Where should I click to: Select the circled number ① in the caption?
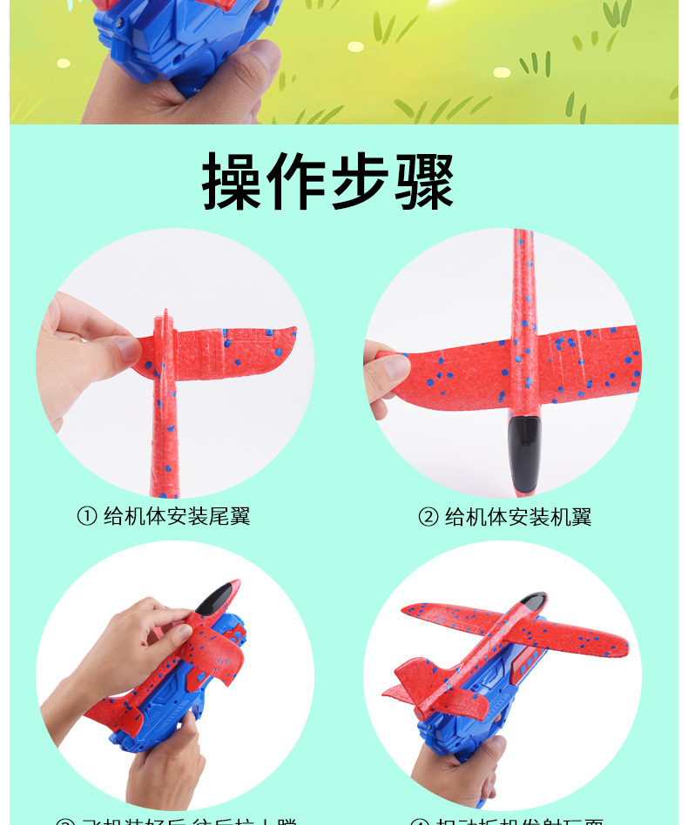click(86, 516)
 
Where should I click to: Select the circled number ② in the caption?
click(428, 517)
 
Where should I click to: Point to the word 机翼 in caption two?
click(570, 517)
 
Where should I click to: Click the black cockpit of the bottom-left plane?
click(212, 598)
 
